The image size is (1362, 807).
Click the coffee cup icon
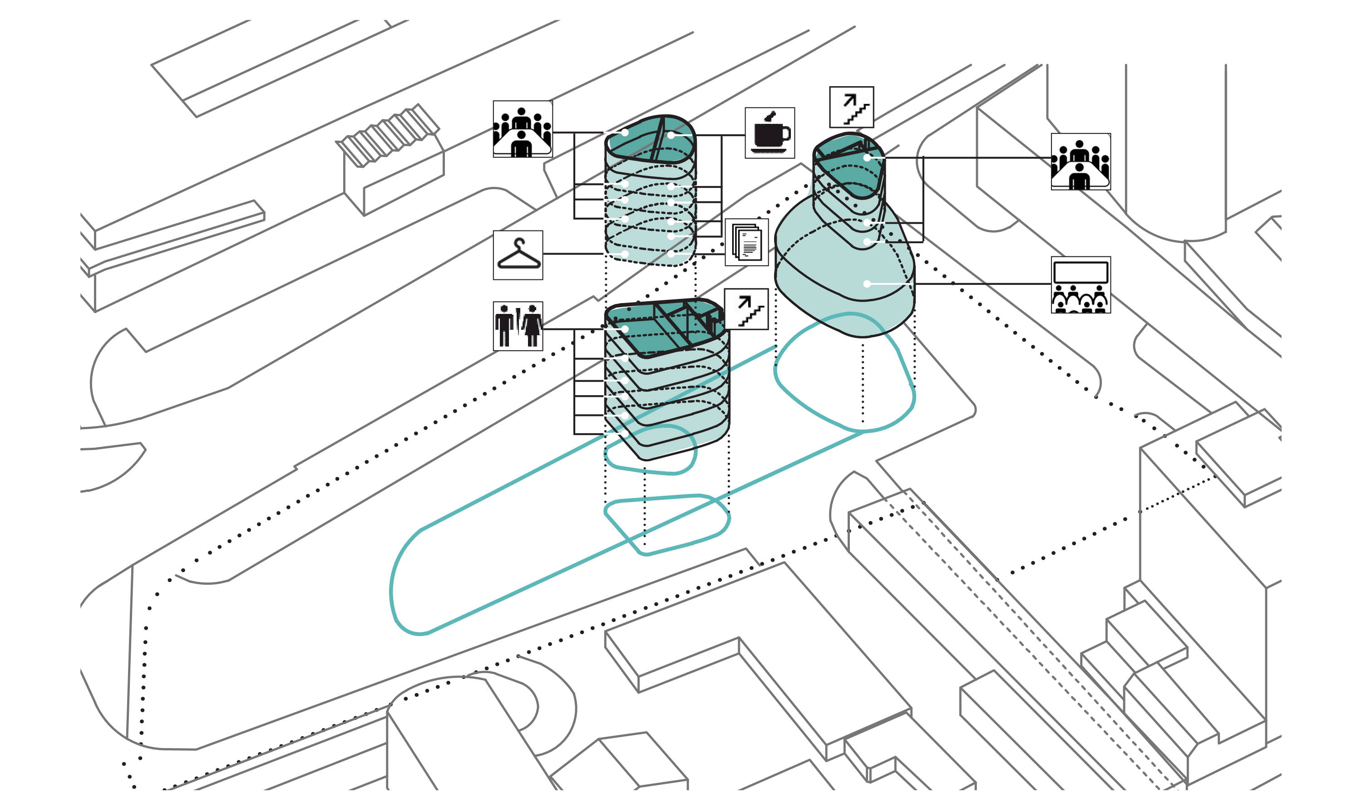(770, 133)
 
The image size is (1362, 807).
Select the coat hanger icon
(518, 255)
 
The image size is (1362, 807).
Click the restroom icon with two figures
(518, 326)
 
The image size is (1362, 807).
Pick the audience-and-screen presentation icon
(1080, 285)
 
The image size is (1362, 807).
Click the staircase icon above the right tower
(851, 107)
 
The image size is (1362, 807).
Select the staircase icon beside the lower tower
(746, 309)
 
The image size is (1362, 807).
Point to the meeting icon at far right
(1080, 161)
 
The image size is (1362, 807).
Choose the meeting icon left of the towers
(523, 129)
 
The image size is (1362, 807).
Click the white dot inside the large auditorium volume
(867, 284)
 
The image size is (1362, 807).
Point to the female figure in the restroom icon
(532, 326)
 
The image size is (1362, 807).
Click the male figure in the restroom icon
(504, 326)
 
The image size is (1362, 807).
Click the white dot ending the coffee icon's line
(671, 135)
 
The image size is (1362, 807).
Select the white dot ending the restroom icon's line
(625, 329)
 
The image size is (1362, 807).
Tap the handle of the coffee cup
(786, 133)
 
